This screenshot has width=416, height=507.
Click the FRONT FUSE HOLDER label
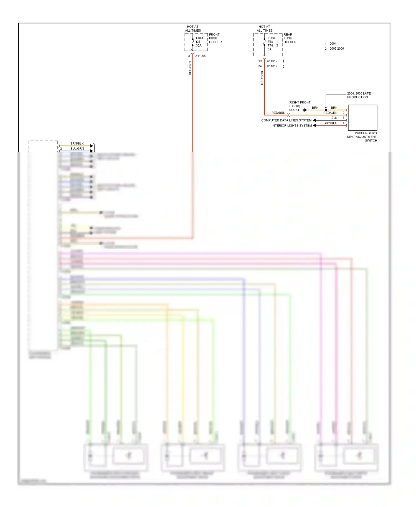(215, 38)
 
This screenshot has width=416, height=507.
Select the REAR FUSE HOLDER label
(290, 38)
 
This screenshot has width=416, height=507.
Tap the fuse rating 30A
(199, 45)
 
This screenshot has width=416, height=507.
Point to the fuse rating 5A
(270, 49)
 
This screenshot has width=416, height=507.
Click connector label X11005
(200, 56)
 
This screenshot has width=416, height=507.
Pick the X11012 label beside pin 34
(272, 66)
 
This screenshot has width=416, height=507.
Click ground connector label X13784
(294, 110)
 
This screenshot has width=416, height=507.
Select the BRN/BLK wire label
(77, 143)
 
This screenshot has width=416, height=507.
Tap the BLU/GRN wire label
(77, 149)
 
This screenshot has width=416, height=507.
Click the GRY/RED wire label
(330, 123)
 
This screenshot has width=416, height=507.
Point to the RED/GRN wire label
(330, 113)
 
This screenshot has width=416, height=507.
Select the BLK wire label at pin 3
(334, 118)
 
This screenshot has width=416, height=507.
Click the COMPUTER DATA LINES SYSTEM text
(286, 120)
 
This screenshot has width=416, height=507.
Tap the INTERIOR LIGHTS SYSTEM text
(291, 126)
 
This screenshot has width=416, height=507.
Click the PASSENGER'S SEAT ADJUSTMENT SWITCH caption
(362, 137)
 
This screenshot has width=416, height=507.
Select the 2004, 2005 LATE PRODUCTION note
(359, 95)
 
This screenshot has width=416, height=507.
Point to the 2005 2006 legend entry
(337, 49)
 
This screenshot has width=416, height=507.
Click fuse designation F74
(270, 45)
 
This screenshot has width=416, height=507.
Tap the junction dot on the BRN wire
(326, 110)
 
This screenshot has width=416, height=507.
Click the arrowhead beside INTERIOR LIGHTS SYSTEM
(314, 126)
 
